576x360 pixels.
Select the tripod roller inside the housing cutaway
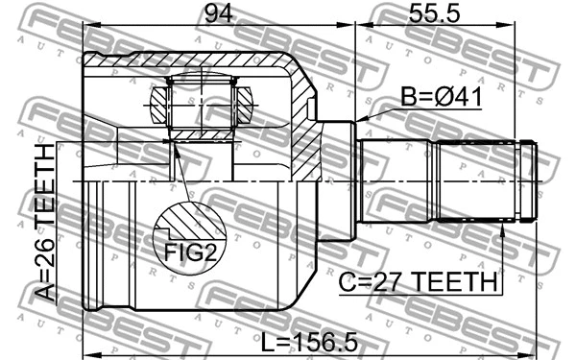[x=203, y=104]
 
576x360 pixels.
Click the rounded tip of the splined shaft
[x=530, y=181]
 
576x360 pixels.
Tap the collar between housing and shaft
[x=338, y=180]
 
